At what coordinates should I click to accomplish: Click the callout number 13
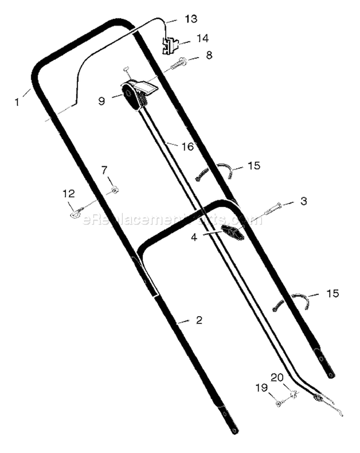coord(191,19)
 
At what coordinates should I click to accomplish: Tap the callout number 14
coord(202,38)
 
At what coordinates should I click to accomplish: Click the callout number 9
coord(101,101)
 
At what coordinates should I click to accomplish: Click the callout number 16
coord(188,147)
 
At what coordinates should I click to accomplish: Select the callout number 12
coord(69,193)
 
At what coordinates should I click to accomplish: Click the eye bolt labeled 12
coord(77,212)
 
